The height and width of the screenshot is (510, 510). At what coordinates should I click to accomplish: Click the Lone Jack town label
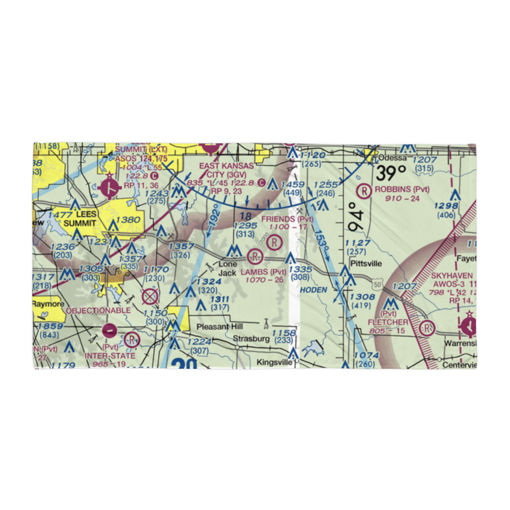click(227, 269)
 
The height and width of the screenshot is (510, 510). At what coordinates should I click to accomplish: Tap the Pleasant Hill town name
click(220, 326)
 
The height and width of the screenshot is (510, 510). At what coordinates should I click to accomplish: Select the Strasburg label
click(251, 338)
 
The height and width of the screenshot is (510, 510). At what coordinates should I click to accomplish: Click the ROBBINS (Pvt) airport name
click(402, 189)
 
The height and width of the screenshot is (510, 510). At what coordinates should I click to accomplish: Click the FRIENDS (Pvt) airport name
click(285, 219)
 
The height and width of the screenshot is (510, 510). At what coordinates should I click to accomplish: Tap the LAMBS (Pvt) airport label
click(264, 272)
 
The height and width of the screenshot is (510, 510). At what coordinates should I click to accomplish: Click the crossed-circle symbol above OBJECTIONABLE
click(149, 296)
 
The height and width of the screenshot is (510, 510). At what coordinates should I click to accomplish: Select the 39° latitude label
click(392, 172)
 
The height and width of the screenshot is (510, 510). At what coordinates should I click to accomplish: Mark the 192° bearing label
click(213, 218)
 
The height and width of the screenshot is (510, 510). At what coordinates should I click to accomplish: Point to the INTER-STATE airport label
click(110, 355)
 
